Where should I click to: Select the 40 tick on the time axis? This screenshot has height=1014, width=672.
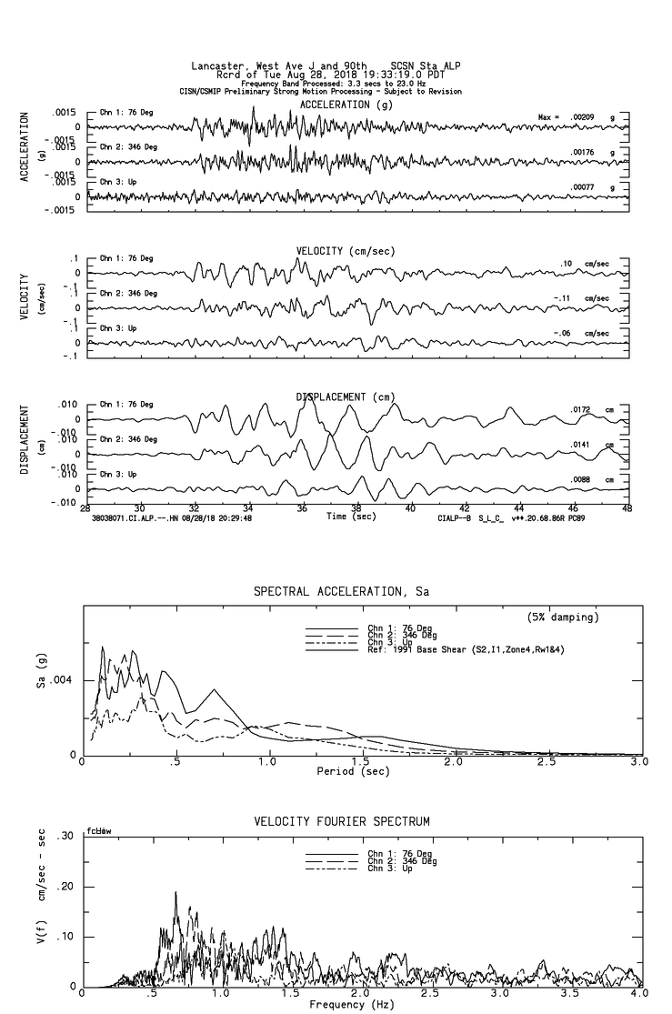[410, 508]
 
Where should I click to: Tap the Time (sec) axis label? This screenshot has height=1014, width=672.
[351, 516]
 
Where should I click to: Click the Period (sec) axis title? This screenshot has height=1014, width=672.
[353, 771]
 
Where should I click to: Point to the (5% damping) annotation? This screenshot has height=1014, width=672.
[563, 617]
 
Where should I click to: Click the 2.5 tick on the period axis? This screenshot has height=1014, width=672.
[547, 761]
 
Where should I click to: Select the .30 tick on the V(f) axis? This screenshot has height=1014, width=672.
[65, 837]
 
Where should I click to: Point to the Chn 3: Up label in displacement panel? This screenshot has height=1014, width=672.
[117, 474]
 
